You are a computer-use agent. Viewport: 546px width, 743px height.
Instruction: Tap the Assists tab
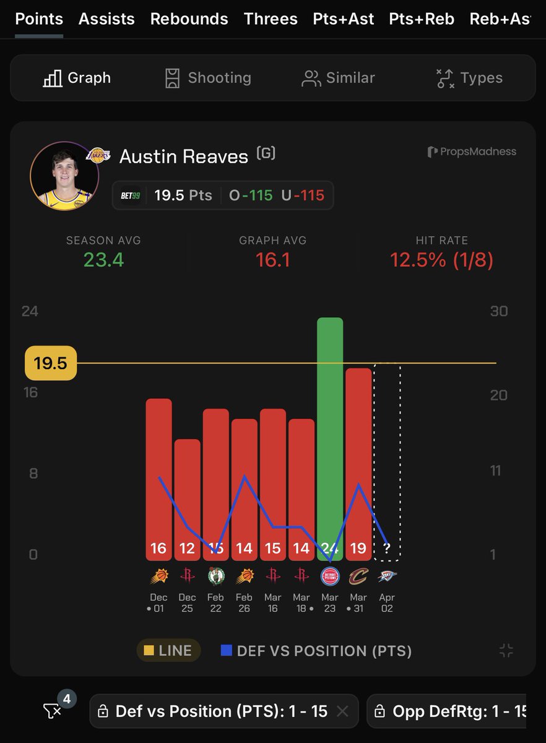tap(106, 19)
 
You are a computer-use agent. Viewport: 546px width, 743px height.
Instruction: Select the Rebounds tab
tap(189, 19)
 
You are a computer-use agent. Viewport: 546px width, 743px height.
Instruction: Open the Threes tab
tap(271, 19)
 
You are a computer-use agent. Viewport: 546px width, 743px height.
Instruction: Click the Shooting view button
tap(208, 78)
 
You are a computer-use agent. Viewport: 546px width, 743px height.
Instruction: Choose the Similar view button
tap(338, 78)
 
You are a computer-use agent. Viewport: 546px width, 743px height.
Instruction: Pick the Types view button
tap(469, 78)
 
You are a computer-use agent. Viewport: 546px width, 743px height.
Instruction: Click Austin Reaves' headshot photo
tap(64, 176)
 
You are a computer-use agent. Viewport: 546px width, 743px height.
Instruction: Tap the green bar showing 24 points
tap(330, 433)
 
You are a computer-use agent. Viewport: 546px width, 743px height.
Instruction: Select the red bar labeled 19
tap(358, 458)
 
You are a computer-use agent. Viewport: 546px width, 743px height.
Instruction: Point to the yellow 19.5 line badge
tap(50, 363)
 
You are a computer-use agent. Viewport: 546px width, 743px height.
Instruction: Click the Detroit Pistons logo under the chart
tap(330, 576)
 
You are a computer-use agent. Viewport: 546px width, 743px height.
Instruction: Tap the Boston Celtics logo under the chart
tap(215, 576)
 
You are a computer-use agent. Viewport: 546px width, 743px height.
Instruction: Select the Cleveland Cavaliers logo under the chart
tap(358, 576)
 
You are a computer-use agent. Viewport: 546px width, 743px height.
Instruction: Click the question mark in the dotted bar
tap(387, 548)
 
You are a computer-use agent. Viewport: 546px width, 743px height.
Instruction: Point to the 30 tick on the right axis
tap(499, 311)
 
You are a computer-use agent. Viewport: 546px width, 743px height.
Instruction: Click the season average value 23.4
tap(104, 259)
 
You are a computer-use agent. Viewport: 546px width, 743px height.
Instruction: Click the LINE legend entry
tap(168, 651)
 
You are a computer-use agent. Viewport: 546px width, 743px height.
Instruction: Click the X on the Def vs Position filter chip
tap(345, 711)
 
